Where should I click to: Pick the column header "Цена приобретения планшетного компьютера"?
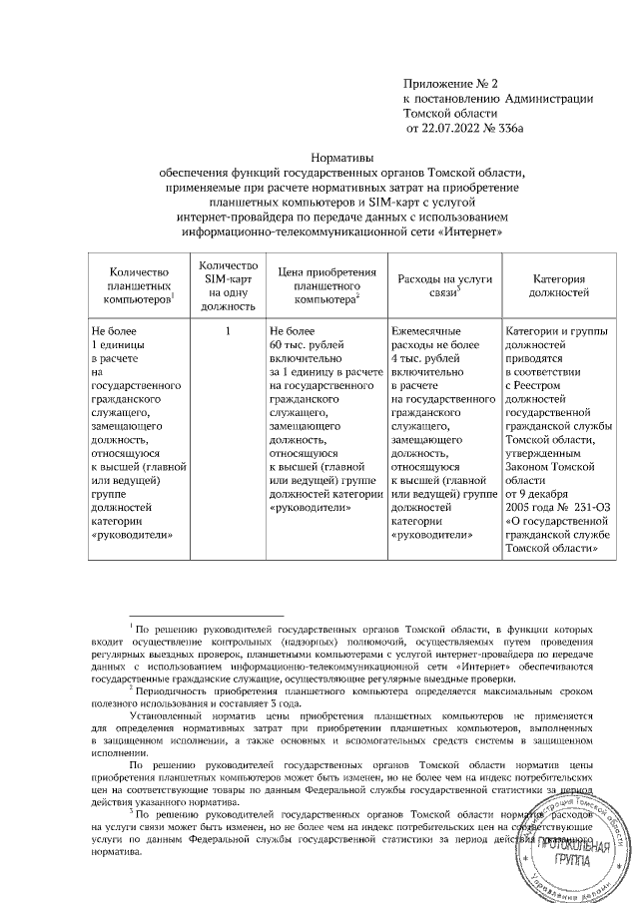point(326,283)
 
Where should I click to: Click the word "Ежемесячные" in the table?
point(426,330)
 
